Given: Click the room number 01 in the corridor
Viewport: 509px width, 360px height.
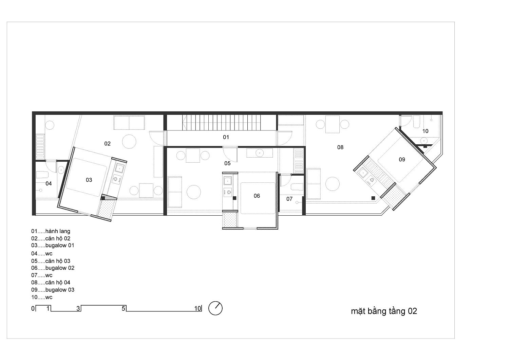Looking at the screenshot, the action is click(x=226, y=137).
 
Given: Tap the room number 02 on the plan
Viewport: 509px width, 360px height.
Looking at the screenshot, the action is click(x=108, y=144).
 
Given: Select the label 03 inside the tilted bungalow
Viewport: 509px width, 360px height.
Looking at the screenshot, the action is click(x=89, y=180).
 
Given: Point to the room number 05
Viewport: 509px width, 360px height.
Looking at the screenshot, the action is click(x=227, y=163).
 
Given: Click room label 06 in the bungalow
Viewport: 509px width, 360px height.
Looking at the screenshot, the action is click(x=257, y=196).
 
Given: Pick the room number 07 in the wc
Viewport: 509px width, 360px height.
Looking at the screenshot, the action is click(x=289, y=199).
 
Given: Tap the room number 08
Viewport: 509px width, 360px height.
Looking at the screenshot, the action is click(x=340, y=147).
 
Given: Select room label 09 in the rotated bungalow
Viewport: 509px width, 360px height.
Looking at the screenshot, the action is click(x=402, y=160).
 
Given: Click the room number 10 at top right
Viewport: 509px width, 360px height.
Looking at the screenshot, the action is click(x=426, y=131).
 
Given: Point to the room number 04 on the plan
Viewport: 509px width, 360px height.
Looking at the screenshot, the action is click(x=49, y=183).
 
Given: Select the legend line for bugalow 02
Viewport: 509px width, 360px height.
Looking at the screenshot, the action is click(x=53, y=268).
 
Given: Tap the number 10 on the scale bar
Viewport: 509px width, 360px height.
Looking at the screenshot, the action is click(x=198, y=308).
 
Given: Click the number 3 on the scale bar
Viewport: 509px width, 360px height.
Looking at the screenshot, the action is click(x=78, y=308).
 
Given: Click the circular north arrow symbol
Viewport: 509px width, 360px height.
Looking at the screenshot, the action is click(x=215, y=308).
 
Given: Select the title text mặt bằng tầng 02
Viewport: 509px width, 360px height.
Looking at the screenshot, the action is click(x=384, y=311).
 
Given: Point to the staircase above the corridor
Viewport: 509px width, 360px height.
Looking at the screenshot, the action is click(x=221, y=123).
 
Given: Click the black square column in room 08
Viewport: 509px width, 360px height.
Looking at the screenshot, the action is click(x=373, y=198).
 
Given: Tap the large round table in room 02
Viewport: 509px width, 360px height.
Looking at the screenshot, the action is click(x=129, y=142).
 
